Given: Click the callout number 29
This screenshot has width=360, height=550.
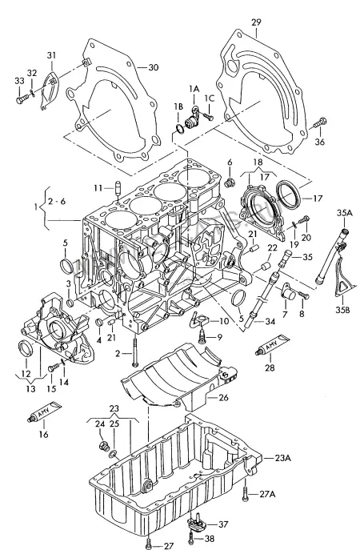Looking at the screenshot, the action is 256,22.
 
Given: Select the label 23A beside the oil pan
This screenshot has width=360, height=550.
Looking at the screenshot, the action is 282,458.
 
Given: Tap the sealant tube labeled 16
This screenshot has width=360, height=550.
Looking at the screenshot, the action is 45,411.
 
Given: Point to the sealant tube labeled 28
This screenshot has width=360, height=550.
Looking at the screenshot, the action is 272,345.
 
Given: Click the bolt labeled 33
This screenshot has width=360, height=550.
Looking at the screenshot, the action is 23,99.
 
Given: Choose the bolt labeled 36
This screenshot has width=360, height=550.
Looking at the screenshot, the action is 320,122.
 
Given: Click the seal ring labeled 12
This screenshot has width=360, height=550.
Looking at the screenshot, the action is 26,348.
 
